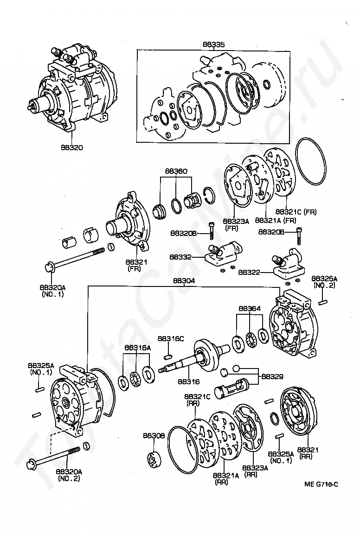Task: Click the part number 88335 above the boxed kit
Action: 213,45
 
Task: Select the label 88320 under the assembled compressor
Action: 72,147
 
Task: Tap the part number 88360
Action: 176,171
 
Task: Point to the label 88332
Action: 180,257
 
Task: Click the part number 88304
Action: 184,281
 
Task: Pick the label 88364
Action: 250,308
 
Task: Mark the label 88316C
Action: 171,339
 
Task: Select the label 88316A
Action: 137,347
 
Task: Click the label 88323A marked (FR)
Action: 236,222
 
